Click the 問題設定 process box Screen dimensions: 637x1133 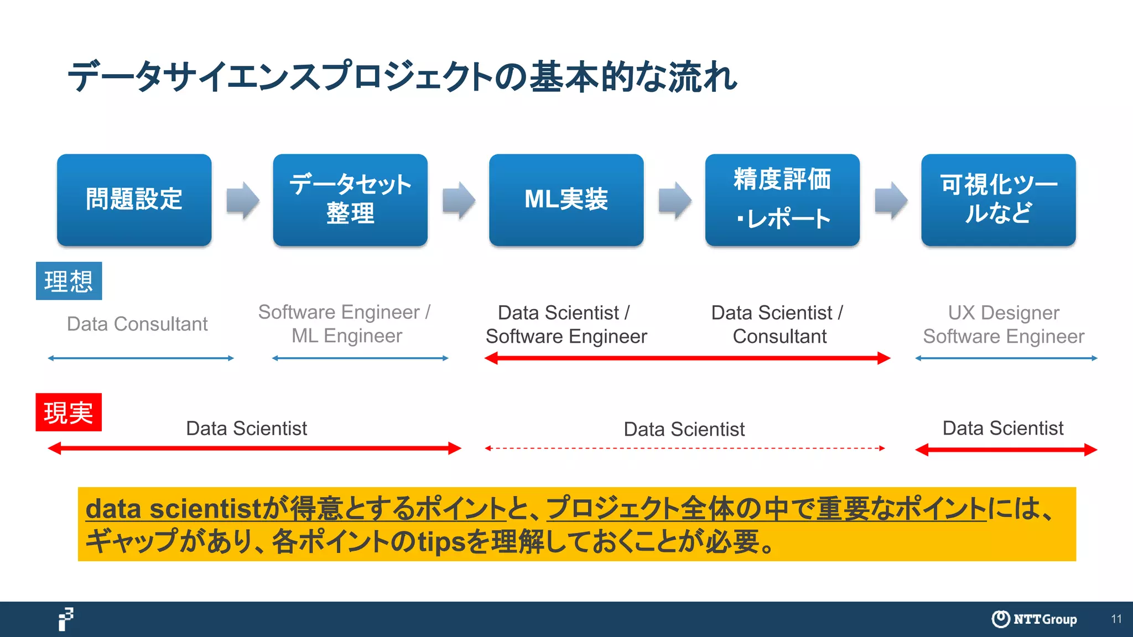pos(134,200)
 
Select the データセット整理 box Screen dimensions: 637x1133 pos(350,200)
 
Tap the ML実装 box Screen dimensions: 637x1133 pos(566,200)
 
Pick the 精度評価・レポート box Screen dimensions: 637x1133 pos(782,200)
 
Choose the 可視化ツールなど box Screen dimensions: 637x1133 pos(998,200)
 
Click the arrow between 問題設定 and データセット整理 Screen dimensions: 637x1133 pos(242,200)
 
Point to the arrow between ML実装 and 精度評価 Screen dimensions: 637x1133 pos(674,200)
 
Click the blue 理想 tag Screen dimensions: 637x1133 pos(69,281)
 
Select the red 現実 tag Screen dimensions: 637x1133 pos(69,413)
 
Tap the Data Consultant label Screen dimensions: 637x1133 pos(137,324)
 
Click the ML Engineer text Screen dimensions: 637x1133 pos(347,336)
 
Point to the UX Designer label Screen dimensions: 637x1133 pos(1004,313)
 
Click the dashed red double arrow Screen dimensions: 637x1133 pos(684,448)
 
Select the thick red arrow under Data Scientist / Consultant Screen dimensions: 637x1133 pos(687,358)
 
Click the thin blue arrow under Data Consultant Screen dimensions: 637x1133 pos(141,358)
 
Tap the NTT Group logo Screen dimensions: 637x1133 pos(1033,619)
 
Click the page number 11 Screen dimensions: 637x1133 pos(1116,619)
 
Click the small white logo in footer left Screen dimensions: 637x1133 pos(66,619)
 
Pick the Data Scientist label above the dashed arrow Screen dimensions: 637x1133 pos(684,429)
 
